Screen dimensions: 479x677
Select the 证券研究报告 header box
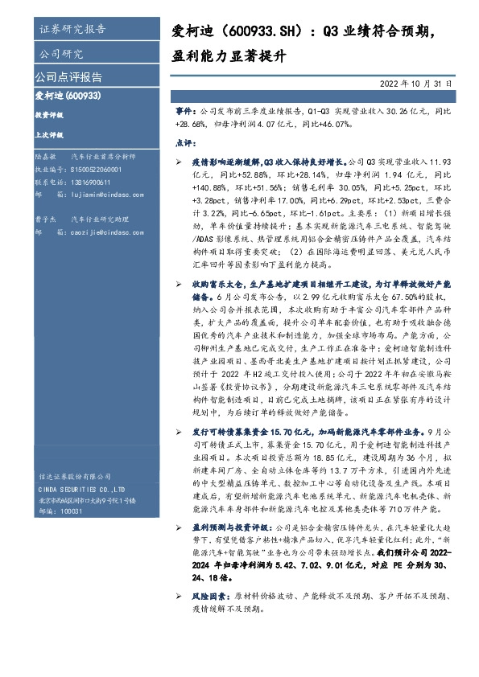click(x=72, y=31)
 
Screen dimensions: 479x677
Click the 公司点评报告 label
click(x=68, y=77)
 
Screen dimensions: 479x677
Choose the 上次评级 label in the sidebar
click(x=48, y=134)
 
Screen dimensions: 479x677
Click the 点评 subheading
click(x=184, y=142)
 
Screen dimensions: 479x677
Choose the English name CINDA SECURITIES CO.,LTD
click(x=81, y=489)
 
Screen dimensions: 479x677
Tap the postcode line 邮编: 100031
click(x=60, y=511)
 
